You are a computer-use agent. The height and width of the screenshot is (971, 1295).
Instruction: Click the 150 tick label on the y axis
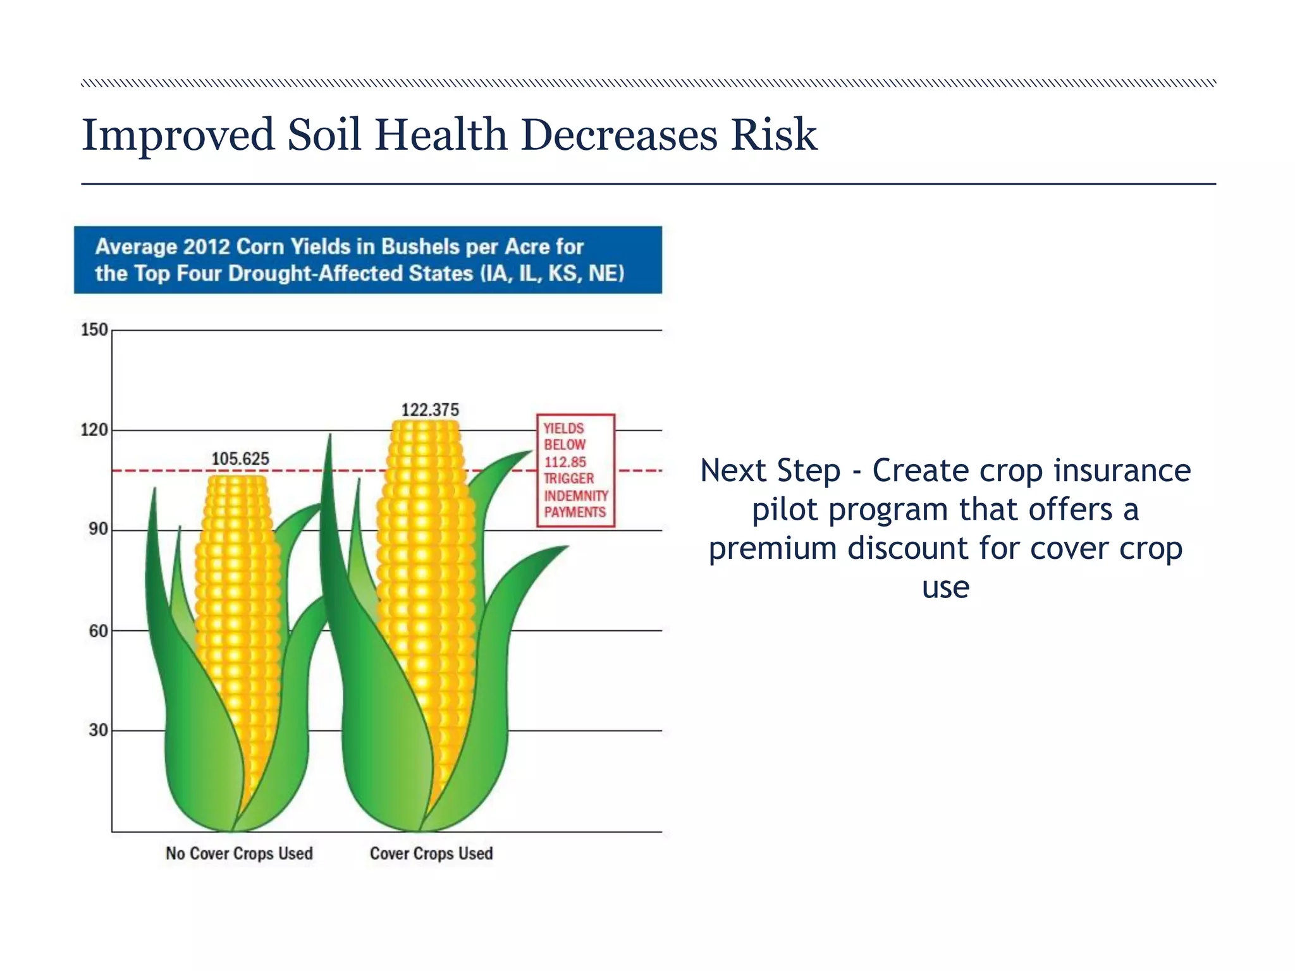[94, 330]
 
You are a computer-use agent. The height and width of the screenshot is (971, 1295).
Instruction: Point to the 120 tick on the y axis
[94, 431]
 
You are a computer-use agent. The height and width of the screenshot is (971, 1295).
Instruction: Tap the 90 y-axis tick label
[98, 530]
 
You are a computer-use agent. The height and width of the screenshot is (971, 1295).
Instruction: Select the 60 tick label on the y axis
[98, 631]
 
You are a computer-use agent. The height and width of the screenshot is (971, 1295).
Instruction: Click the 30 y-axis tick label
[98, 731]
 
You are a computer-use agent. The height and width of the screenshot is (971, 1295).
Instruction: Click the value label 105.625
[240, 459]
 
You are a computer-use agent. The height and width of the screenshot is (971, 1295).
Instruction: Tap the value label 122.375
[430, 410]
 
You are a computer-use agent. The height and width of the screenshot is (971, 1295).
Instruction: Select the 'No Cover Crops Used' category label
[239, 853]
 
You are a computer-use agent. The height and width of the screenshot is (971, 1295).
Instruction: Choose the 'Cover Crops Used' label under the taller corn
[431, 853]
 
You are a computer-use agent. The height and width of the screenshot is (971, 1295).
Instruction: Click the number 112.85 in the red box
[565, 462]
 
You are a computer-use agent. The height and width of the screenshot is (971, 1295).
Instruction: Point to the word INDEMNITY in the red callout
[575, 496]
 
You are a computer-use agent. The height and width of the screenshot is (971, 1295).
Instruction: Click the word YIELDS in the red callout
[563, 429]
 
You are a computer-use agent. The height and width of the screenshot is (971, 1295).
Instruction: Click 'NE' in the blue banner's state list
[605, 274]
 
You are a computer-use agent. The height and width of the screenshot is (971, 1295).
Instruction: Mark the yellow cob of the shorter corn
[237, 601]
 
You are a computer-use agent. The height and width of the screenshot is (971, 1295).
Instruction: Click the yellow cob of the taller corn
[425, 569]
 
